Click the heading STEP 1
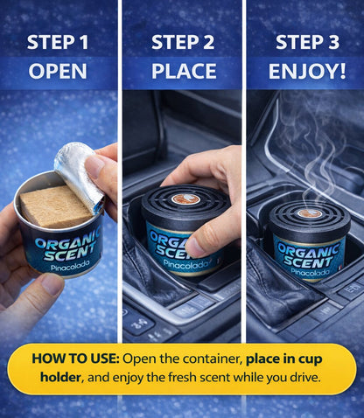(x=58, y=42)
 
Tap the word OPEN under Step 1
(x=58, y=71)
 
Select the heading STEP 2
(x=183, y=42)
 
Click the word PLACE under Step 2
(x=184, y=71)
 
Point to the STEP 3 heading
(x=307, y=42)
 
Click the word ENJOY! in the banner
(x=307, y=71)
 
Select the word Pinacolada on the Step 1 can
(x=69, y=266)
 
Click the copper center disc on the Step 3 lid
(x=310, y=213)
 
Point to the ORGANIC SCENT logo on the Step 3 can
(x=308, y=255)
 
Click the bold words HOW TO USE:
(x=75, y=359)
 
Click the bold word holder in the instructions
(x=60, y=377)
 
